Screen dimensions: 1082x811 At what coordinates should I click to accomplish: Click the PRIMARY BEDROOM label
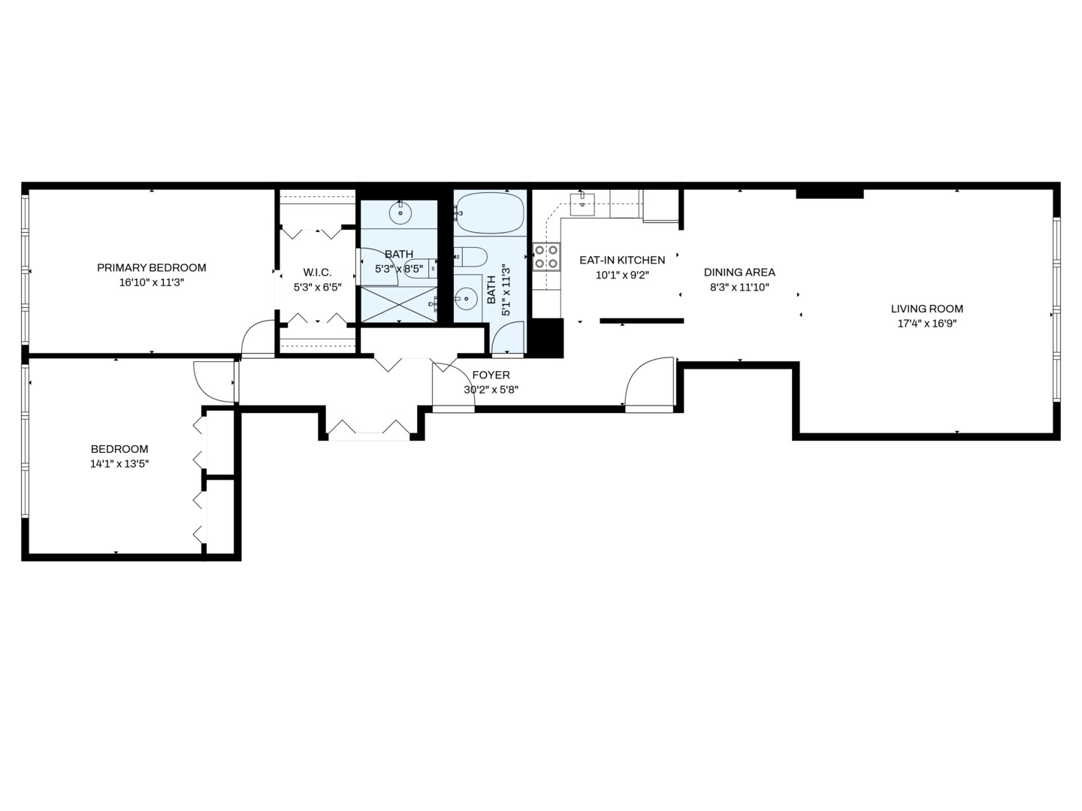151,268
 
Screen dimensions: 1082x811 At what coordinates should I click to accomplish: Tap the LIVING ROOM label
926,309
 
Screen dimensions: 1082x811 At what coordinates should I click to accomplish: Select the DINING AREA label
739,273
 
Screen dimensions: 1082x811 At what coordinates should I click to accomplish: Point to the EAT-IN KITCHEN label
622,260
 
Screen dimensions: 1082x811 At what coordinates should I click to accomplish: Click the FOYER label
491,375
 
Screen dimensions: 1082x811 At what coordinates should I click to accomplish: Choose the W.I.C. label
317,273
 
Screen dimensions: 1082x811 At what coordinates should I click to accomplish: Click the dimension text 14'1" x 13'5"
119,464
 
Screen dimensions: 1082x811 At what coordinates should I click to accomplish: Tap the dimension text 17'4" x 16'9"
926,324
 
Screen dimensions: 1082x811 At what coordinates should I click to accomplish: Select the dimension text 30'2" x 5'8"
491,390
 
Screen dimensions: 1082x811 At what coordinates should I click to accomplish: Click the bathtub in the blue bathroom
489,213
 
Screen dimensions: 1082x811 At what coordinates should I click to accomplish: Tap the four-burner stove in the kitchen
547,257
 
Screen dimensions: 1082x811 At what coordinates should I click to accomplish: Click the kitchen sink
582,204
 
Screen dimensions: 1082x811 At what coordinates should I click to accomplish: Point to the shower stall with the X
399,304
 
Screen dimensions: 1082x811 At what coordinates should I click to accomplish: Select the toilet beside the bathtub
470,257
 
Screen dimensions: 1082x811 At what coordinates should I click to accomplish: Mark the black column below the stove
546,338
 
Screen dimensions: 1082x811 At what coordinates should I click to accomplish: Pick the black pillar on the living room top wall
830,194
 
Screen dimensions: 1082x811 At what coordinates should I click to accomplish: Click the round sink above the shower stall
400,213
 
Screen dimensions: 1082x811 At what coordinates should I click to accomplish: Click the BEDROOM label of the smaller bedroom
119,449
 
